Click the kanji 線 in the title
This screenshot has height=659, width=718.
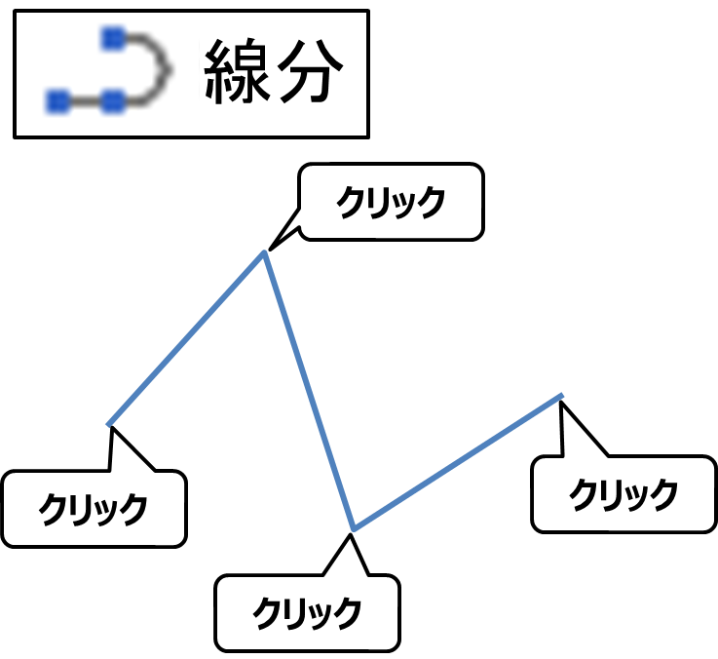[238, 73]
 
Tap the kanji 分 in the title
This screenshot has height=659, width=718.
[308, 73]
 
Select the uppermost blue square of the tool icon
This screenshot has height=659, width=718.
[114, 38]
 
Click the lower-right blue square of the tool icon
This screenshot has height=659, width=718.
[114, 99]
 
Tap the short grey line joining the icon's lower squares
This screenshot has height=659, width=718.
[86, 99]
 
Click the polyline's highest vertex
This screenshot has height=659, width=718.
[265, 253]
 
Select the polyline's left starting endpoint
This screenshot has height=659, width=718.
[110, 424]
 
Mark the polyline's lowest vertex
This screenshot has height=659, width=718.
[354, 530]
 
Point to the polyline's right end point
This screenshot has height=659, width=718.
[561, 396]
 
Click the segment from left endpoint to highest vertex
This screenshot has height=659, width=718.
[187, 339]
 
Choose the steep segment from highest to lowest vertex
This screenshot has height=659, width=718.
[310, 392]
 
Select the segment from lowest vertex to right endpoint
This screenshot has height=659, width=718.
[458, 463]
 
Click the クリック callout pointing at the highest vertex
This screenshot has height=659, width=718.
[391, 203]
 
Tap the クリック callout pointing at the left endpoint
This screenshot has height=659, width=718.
[94, 509]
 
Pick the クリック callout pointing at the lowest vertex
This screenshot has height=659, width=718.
[308, 613]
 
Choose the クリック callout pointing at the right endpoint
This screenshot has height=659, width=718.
[624, 494]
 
